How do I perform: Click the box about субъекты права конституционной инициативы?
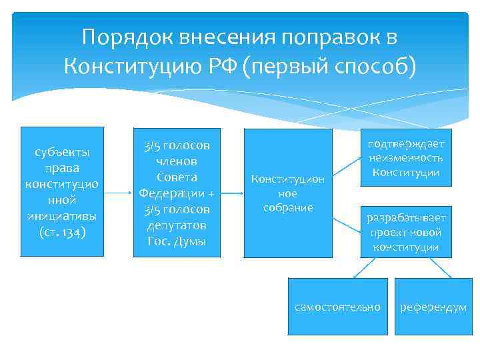coord(62,192)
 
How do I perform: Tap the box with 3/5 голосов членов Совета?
coord(177,192)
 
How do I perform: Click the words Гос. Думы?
coord(177,240)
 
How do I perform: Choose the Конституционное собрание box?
coord(287,193)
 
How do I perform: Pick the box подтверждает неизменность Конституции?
coord(406,159)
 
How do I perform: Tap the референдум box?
coord(433,306)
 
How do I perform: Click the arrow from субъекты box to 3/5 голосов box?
coord(119,193)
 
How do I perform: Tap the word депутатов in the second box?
coord(177,225)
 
